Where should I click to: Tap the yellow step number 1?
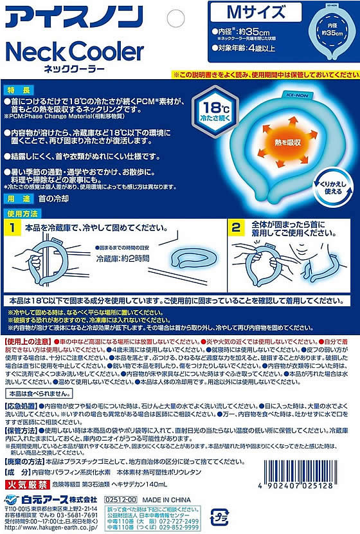pos(12,228)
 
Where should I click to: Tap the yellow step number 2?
pos(236,228)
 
